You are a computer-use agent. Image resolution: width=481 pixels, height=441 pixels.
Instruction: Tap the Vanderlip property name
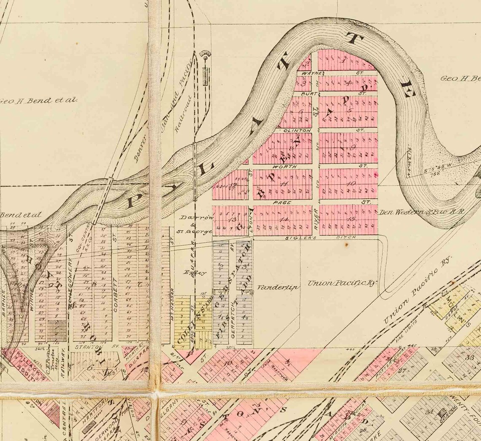(278, 287)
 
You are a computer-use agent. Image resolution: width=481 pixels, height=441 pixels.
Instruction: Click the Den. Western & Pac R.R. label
(422, 211)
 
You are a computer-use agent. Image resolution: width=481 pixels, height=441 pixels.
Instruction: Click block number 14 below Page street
(284, 219)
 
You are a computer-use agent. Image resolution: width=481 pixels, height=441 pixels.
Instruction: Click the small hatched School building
(443, 414)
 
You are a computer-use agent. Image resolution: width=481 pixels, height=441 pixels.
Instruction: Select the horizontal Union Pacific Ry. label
(342, 283)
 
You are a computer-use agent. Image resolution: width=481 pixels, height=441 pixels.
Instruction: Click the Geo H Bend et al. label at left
(39, 100)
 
